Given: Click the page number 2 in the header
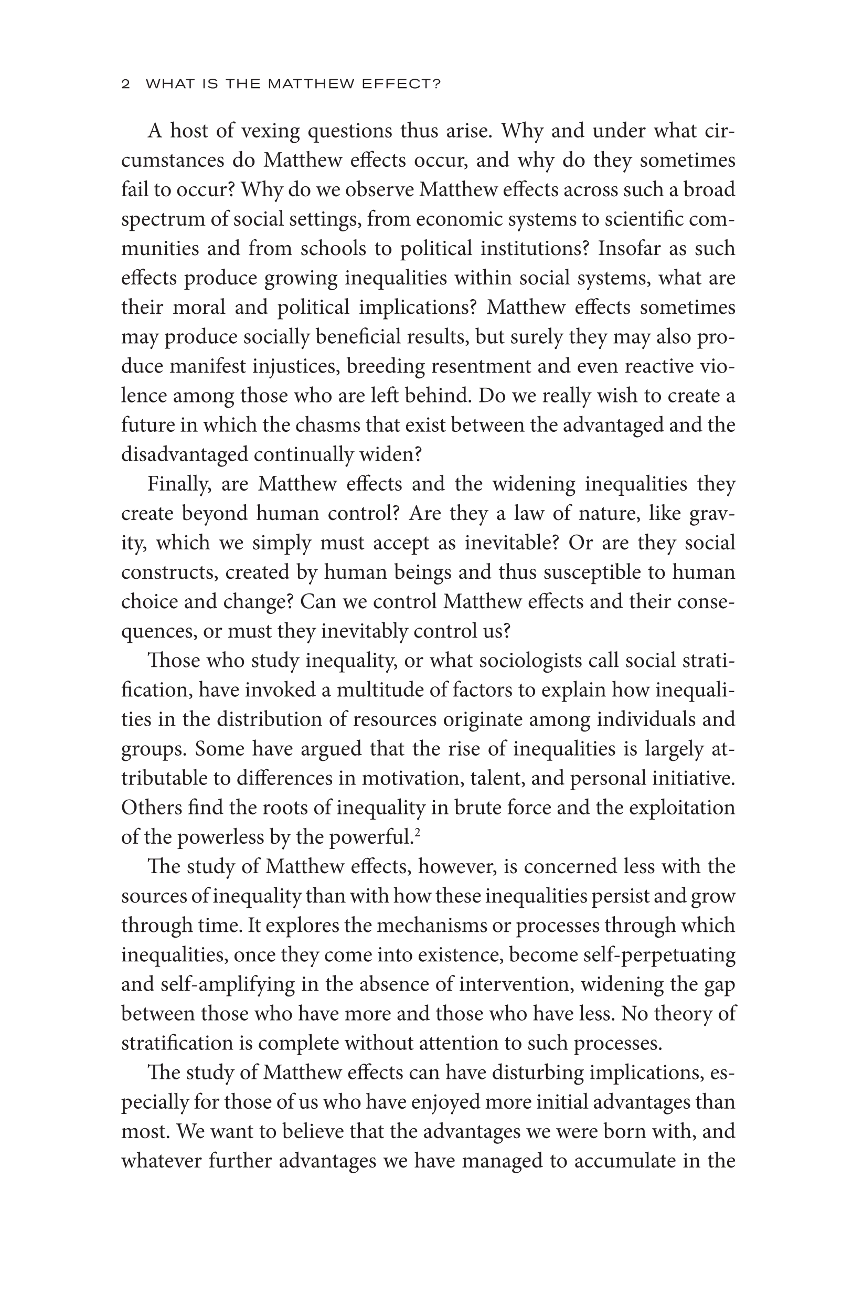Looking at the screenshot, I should [126, 84].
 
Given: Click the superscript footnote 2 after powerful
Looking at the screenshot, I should [418, 833].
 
